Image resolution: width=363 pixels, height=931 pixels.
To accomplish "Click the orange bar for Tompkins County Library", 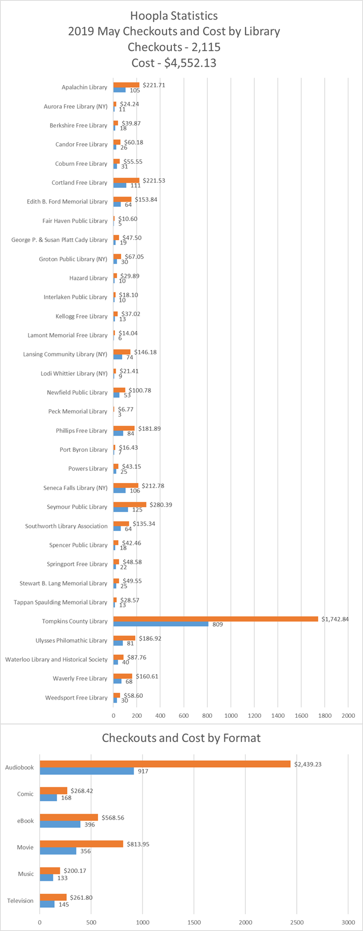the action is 215,619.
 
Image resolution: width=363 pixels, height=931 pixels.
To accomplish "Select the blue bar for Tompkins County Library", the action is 161,624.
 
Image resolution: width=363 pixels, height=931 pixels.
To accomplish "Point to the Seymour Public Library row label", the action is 77,507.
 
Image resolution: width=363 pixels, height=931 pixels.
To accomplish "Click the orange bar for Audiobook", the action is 165,764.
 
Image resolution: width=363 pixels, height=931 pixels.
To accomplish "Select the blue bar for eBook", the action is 60,824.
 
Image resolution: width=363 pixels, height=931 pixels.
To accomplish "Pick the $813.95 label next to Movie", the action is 138,844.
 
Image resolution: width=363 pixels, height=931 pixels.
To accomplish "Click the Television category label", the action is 20,900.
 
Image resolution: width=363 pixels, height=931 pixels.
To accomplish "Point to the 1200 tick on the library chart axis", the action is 254,716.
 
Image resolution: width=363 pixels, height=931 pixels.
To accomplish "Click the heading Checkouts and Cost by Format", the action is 181,738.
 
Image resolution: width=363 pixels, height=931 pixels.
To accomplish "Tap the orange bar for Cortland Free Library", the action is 127,180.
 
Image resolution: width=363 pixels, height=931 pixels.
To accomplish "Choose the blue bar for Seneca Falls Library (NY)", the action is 120,491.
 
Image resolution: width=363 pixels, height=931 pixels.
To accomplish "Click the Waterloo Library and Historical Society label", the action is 57,659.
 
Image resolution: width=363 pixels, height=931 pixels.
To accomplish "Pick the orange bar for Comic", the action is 54,790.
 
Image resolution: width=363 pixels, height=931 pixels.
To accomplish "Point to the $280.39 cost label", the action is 161,505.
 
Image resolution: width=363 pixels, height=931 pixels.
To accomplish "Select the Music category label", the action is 26,874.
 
